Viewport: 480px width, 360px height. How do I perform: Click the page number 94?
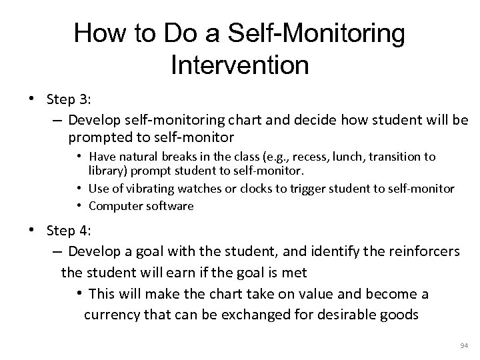coord(465,345)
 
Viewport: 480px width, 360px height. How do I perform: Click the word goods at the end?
coord(400,314)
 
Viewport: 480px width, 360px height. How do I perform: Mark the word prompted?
coord(97,137)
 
